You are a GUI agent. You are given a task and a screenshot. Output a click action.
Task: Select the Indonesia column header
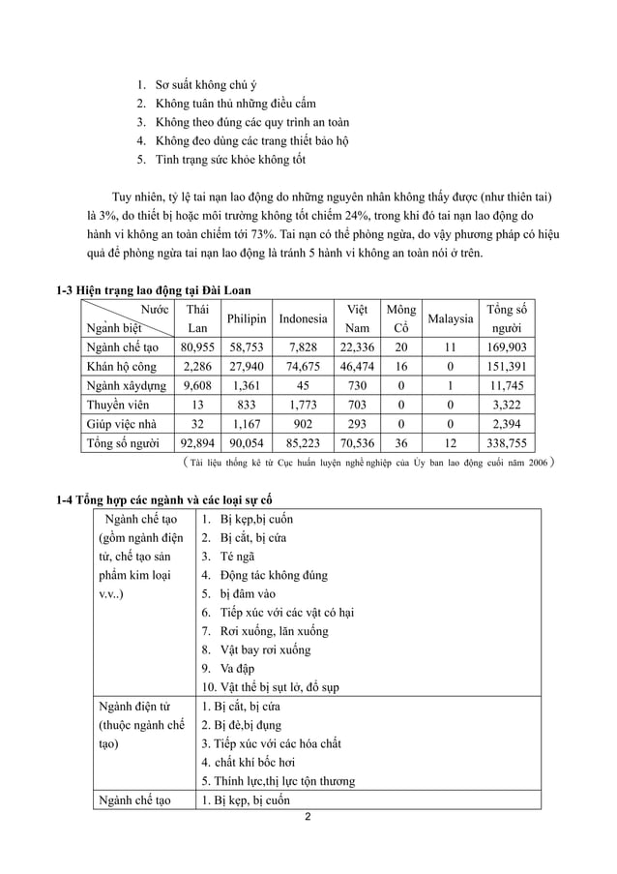tap(303, 318)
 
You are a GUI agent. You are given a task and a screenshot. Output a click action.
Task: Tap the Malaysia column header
tap(449, 318)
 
